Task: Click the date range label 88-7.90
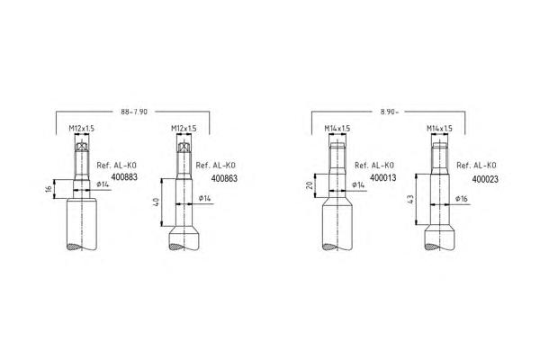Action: pyautogui.click(x=134, y=112)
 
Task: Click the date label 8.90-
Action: pyautogui.click(x=389, y=112)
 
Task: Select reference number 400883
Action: pyautogui.click(x=124, y=177)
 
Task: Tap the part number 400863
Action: pyautogui.click(x=224, y=178)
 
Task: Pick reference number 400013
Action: pyautogui.click(x=383, y=178)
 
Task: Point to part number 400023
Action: pyautogui.click(x=485, y=179)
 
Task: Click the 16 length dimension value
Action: pyautogui.click(x=49, y=189)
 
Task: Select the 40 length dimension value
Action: pyautogui.click(x=156, y=202)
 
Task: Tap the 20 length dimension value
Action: pyautogui.click(x=310, y=185)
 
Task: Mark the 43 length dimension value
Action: pyautogui.click(x=410, y=199)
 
